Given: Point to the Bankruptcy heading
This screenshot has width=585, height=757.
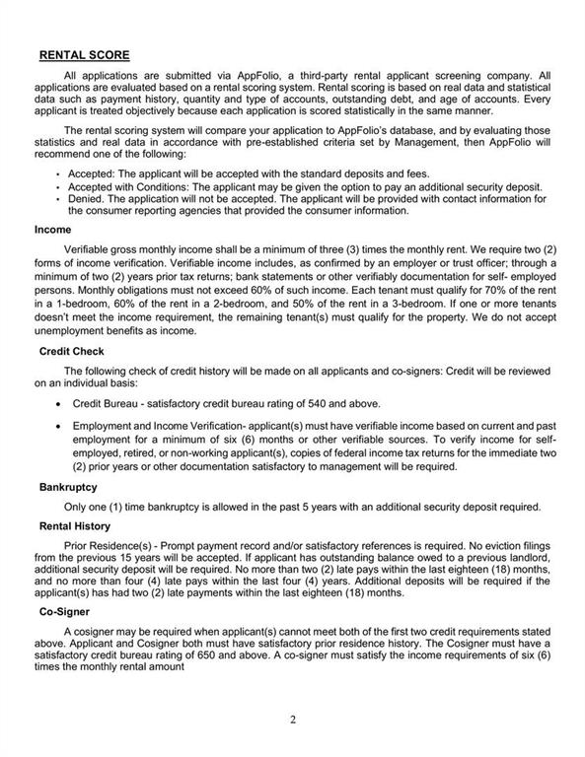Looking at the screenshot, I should [68, 487].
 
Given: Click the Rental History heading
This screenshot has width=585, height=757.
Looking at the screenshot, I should [75, 526].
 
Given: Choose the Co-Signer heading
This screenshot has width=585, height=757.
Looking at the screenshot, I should [65, 611].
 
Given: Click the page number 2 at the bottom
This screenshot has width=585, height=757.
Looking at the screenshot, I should [293, 719].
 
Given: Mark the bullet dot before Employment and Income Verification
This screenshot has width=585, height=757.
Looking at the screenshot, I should [62, 426].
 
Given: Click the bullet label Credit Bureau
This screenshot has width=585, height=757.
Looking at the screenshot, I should [108, 404].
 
